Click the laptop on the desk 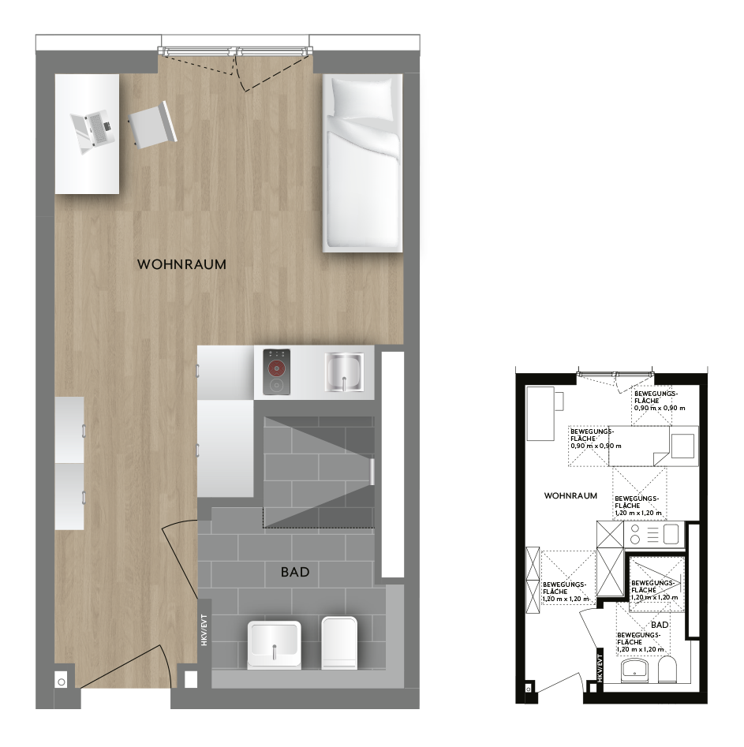[x=93, y=130]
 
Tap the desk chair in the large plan [x=152, y=125]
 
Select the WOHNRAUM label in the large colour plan [x=181, y=264]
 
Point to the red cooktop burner [x=276, y=368]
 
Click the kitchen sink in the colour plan [x=344, y=372]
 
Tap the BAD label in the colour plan [x=295, y=572]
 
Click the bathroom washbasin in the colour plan [x=274, y=645]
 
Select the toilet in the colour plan [x=339, y=643]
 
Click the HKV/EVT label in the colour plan [x=204, y=629]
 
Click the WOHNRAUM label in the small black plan [x=570, y=495]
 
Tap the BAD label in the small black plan [x=660, y=625]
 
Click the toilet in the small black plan [x=667, y=670]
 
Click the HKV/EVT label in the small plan [x=600, y=668]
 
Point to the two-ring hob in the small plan [x=635, y=534]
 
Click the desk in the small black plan [x=540, y=413]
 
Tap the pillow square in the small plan [x=682, y=446]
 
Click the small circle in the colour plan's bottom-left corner [x=62, y=682]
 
